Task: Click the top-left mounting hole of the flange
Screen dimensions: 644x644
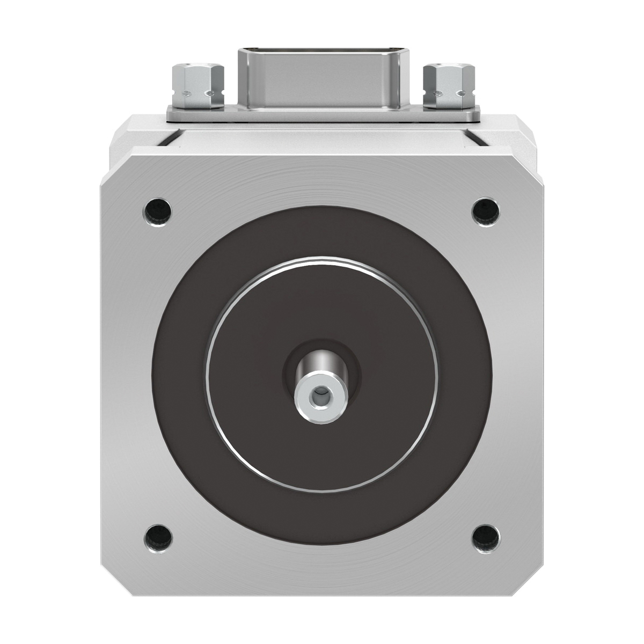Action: (159, 210)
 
